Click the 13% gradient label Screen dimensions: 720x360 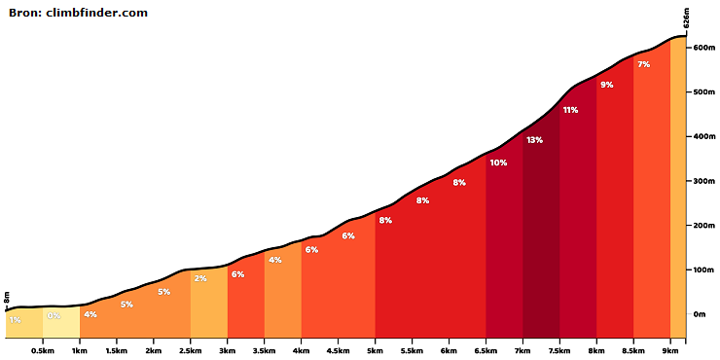[534, 140]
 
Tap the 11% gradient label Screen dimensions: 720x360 [570, 110]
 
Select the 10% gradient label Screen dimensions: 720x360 [498, 162]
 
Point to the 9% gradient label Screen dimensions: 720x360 [606, 85]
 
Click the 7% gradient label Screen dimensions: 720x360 [644, 64]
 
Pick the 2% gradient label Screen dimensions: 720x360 [200, 278]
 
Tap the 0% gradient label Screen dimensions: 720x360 [54, 315]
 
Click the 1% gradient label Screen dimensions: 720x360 [16, 320]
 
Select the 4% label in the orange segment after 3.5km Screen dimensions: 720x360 [275, 260]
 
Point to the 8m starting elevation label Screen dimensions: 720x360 [7, 297]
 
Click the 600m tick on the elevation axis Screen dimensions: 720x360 [703, 48]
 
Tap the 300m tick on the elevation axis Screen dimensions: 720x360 [703, 181]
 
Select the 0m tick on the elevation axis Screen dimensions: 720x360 [700, 314]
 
